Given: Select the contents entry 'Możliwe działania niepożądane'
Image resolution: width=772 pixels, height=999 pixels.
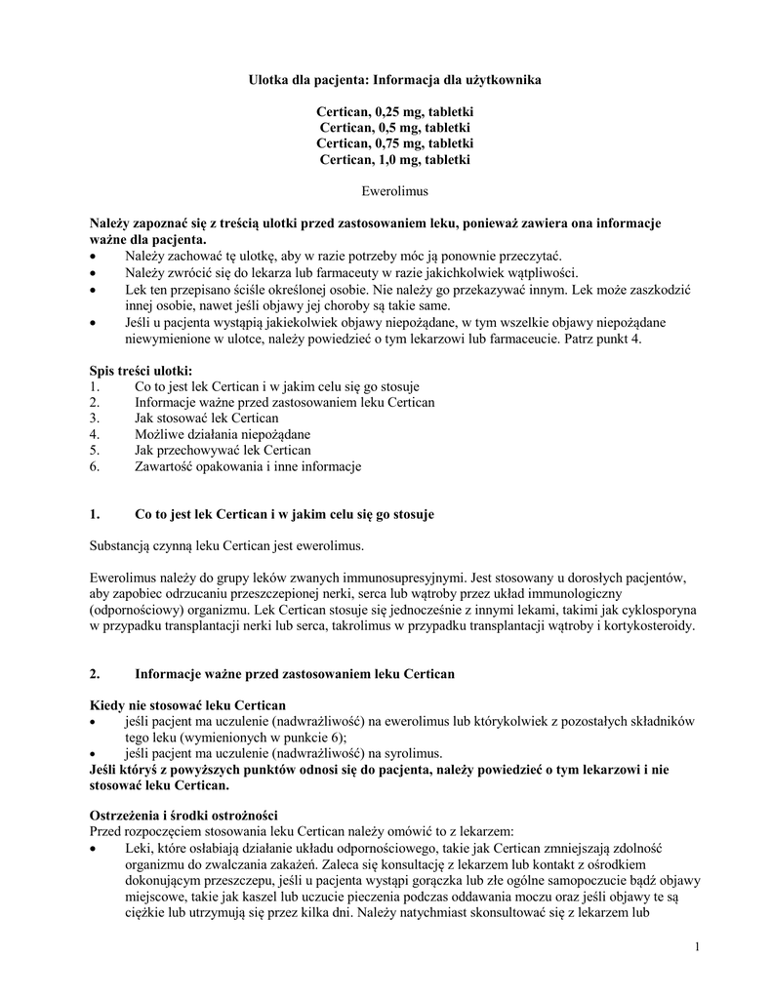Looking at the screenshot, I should tap(223, 434).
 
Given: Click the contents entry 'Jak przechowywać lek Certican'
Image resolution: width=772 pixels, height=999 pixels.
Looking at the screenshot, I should tap(223, 450).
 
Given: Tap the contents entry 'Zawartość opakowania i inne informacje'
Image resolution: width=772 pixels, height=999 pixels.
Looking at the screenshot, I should tap(248, 466).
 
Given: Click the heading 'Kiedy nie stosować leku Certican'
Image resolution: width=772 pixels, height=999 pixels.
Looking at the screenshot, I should tap(186, 705).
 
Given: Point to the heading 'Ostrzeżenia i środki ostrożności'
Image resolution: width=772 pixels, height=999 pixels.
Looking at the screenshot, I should tap(184, 815).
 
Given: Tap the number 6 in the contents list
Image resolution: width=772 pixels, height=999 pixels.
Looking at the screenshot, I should tap(94, 466).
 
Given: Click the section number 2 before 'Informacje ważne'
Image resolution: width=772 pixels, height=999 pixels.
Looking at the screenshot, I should tap(94, 674).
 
